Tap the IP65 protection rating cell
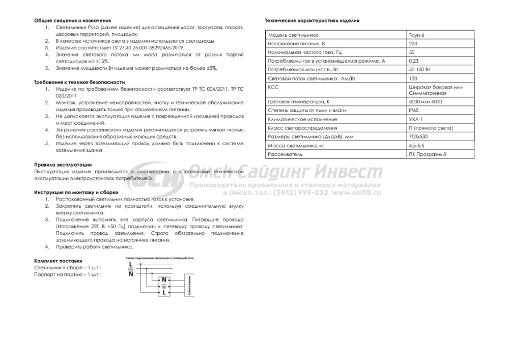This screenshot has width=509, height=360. click(x=413, y=110)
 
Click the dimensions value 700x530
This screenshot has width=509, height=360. click(x=418, y=136)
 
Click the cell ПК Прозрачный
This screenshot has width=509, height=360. click(x=428, y=154)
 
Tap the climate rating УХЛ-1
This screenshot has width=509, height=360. click(x=415, y=119)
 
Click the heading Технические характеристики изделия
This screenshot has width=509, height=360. click(x=312, y=21)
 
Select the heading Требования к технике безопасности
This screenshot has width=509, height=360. click(x=79, y=81)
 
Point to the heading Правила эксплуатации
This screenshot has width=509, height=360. click(x=63, y=164)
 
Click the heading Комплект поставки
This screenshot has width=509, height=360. click(x=58, y=260)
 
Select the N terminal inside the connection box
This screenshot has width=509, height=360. click(x=164, y=280)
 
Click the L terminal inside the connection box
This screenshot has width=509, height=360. click(x=164, y=294)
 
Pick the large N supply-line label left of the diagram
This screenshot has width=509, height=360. click(x=131, y=274)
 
